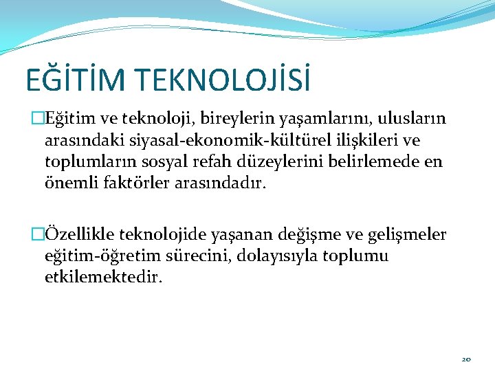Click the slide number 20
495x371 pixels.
tap(467, 359)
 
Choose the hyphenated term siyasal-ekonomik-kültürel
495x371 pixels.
tap(219, 142)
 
